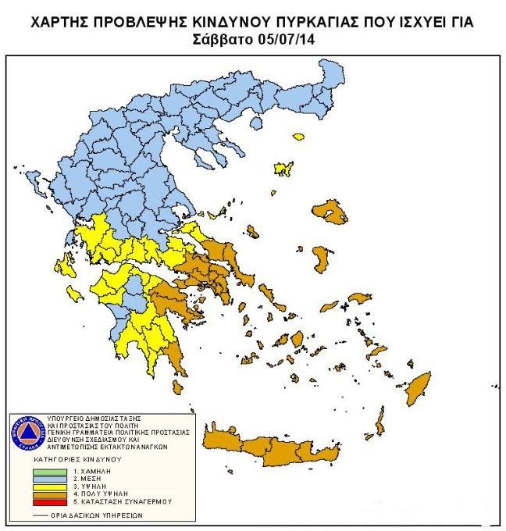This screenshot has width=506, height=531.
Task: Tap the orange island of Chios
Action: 321,258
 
